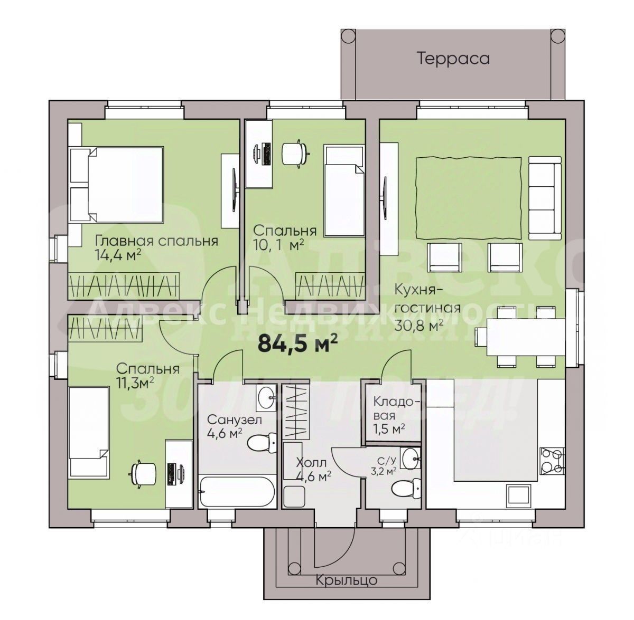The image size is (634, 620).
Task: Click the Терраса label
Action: [x=453, y=58]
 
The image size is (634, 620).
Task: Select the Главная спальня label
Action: [x=156, y=241]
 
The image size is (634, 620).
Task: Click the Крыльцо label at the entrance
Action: [x=347, y=580]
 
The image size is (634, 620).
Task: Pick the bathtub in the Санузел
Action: [x=237, y=492]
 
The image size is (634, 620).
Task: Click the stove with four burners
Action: [x=552, y=461]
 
